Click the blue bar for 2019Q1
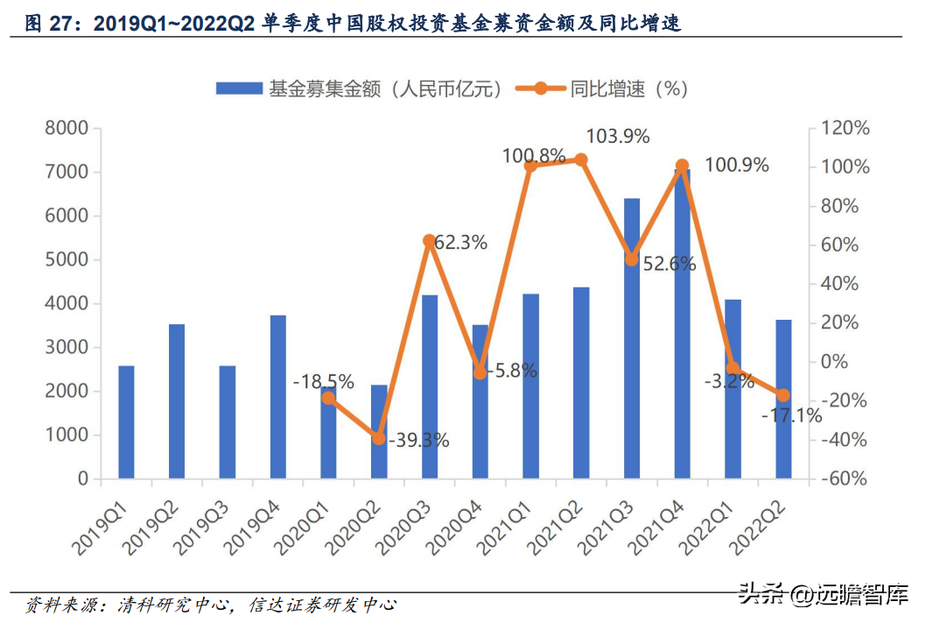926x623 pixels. point(126,422)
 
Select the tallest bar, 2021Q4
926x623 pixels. point(682,324)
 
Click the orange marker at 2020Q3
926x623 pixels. point(429,240)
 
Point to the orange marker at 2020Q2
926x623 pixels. point(379,438)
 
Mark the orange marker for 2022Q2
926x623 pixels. point(783,395)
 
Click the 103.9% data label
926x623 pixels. point(617,137)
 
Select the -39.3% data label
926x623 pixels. point(418,440)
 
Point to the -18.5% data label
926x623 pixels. point(323,381)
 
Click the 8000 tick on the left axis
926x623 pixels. point(67,129)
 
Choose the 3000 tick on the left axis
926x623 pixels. point(67,348)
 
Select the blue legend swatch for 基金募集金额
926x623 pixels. point(239,88)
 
